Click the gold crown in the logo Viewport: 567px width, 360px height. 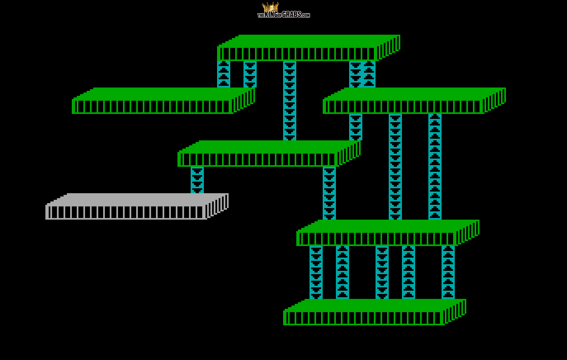pyautogui.click(x=270, y=7)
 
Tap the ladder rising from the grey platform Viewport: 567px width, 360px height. pyautogui.click(x=197, y=180)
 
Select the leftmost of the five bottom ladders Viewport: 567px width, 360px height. pyautogui.click(x=316, y=272)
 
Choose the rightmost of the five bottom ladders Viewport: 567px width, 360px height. pyautogui.click(x=448, y=272)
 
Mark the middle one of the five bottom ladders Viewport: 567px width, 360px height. pyautogui.click(x=382, y=272)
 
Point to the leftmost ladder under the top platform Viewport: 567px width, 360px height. pyautogui.click(x=224, y=74)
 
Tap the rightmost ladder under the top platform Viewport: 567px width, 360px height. pyautogui.click(x=369, y=74)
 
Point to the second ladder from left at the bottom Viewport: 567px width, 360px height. pyautogui.click(x=343, y=272)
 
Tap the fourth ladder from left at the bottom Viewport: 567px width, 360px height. pyautogui.click(x=409, y=272)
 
